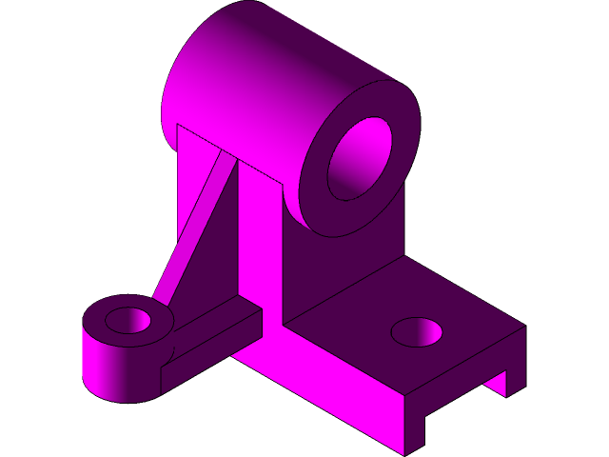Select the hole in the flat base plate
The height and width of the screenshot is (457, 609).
(x=416, y=332)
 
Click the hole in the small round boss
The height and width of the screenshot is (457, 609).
(x=128, y=320)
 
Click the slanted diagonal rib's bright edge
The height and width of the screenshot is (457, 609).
(x=195, y=228)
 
